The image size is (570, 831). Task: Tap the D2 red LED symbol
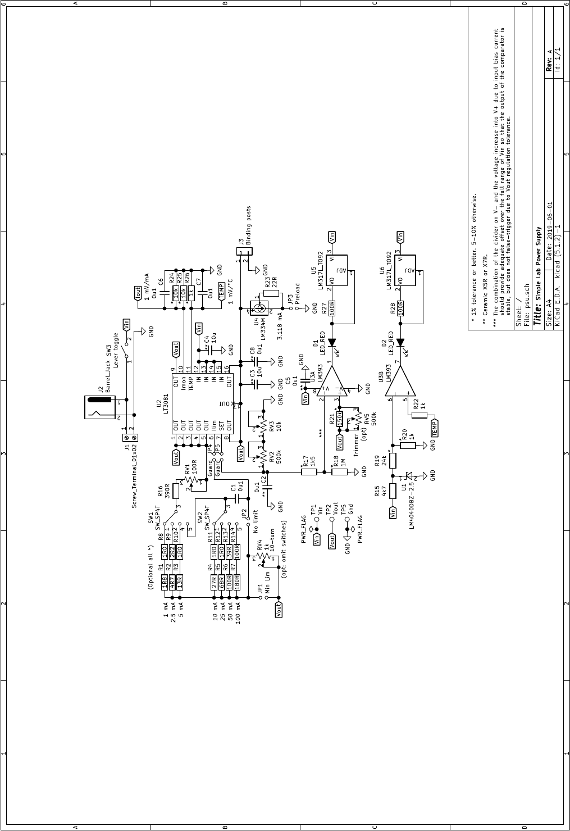pos(400,342)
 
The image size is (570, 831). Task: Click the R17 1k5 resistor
pos(309,472)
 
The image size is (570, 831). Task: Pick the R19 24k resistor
pos(393,461)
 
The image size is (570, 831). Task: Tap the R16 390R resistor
pos(176,491)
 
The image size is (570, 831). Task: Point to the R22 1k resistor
pos(419,415)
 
